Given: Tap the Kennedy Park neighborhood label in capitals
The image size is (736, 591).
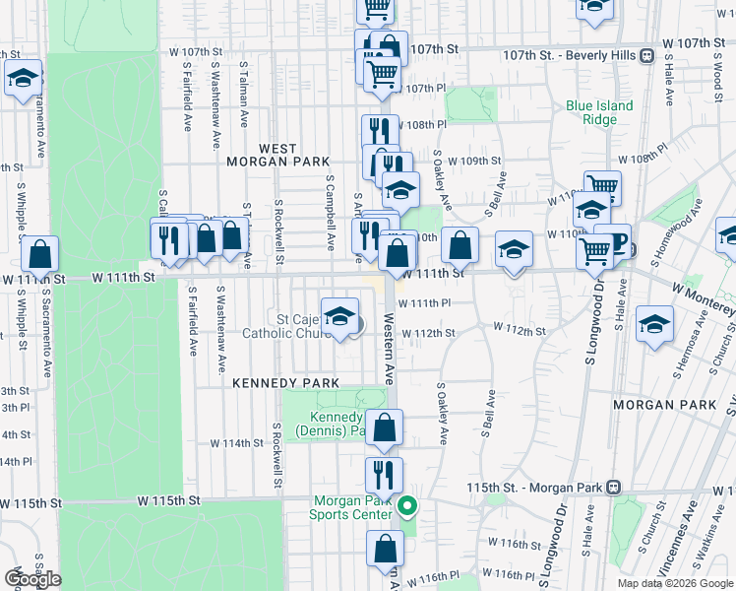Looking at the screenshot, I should pyautogui.click(x=285, y=383).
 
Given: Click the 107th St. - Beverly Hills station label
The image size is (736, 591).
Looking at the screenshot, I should pyautogui.click(x=569, y=56).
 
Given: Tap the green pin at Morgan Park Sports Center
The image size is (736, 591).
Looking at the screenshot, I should pyautogui.click(x=407, y=507).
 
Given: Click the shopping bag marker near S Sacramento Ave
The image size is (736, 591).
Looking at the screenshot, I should pyautogui.click(x=40, y=254).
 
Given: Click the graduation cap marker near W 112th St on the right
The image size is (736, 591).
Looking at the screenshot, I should pyautogui.click(x=654, y=324).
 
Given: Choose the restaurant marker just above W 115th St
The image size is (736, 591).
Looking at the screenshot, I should pyautogui.click(x=384, y=475).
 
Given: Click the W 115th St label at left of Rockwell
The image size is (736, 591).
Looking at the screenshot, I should pyautogui.click(x=168, y=500).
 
